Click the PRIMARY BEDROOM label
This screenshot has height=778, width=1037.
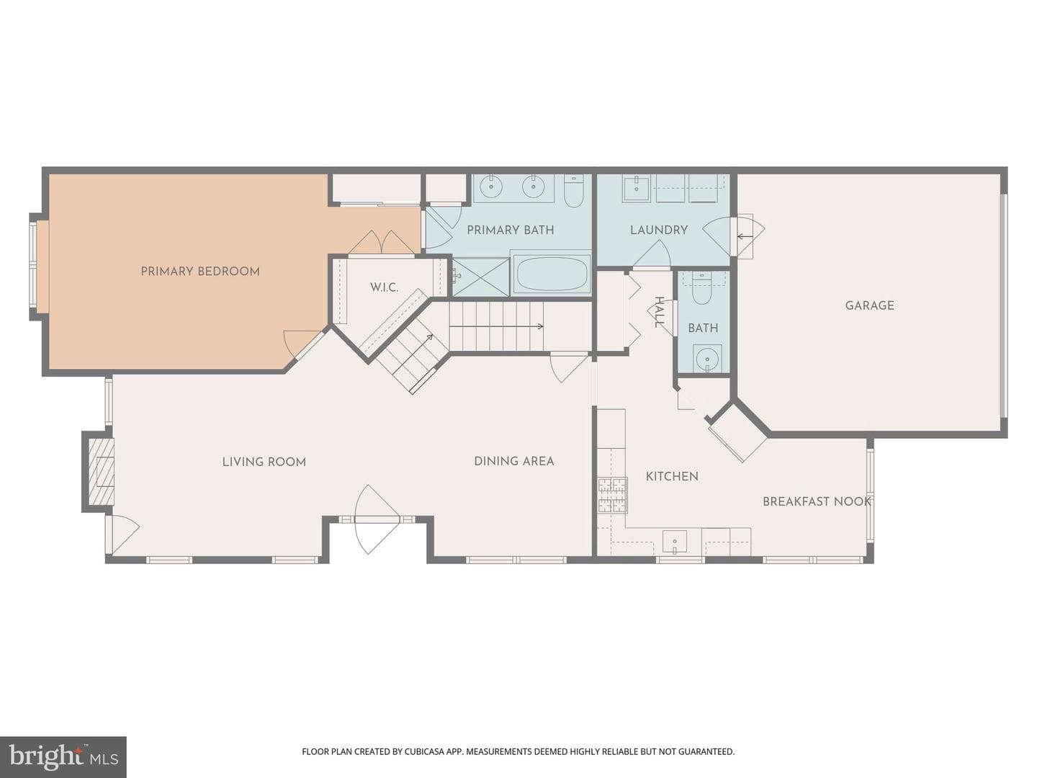click(200, 272)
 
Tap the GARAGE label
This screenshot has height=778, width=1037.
click(870, 305)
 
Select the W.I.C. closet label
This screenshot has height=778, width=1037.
click(384, 287)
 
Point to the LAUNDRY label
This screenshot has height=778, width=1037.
click(659, 230)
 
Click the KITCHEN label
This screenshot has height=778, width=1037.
click(672, 476)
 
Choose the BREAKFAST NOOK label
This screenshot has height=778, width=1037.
click(817, 501)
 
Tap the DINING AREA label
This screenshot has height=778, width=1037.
click(514, 461)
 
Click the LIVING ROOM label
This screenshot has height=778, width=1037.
click(264, 462)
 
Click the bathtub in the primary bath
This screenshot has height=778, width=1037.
click(552, 274)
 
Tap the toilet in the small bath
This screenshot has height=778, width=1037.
click(701, 292)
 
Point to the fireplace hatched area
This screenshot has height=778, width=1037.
click(102, 471)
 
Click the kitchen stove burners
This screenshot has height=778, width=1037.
click(613, 495)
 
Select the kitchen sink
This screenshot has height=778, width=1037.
click(675, 541)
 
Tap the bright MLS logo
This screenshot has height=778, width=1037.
click(63, 756)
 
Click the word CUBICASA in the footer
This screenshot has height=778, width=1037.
click(425, 751)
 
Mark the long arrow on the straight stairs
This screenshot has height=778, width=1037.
click(496, 326)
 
